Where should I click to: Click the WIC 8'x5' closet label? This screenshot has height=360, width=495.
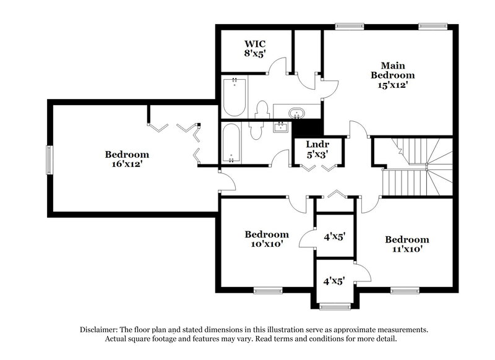pyautogui.click(x=254, y=49)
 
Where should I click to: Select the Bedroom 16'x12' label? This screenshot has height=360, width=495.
pyautogui.click(x=126, y=159)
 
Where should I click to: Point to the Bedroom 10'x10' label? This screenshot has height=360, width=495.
pyautogui.click(x=267, y=239)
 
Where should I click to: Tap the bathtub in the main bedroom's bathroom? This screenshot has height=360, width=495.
pyautogui.click(x=235, y=96)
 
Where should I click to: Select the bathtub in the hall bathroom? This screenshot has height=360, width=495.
pyautogui.click(x=231, y=143)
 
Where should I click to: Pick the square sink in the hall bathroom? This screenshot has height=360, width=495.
pyautogui.click(x=281, y=128)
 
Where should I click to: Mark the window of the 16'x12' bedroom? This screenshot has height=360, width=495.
pyautogui.click(x=49, y=159)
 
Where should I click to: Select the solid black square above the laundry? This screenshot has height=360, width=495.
pyautogui.click(x=304, y=129)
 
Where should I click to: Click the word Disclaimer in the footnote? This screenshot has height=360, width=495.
pyautogui.click(x=101, y=330)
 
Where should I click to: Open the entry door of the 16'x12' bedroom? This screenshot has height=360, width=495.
pyautogui.click(x=226, y=181)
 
